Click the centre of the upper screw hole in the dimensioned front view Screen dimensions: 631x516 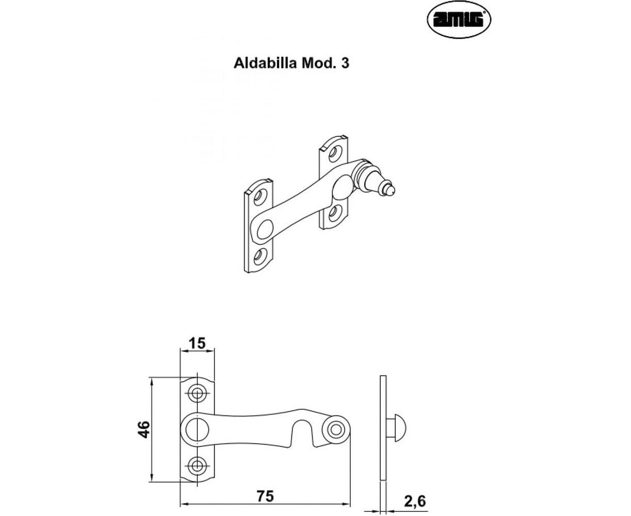click(x=197, y=393)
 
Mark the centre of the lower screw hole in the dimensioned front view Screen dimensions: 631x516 click(x=197, y=473)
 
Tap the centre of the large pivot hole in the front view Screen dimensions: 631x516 click(x=197, y=429)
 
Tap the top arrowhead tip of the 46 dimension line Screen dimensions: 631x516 click(x=152, y=378)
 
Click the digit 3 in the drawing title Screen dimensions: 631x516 click(x=345, y=63)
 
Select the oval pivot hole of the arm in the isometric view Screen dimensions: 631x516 click(x=265, y=230)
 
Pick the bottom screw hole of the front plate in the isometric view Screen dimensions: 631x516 click(x=259, y=256)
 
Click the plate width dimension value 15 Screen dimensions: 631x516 click(x=198, y=343)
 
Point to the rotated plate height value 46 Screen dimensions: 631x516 click(x=144, y=429)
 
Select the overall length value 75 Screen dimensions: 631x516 click(x=265, y=496)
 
